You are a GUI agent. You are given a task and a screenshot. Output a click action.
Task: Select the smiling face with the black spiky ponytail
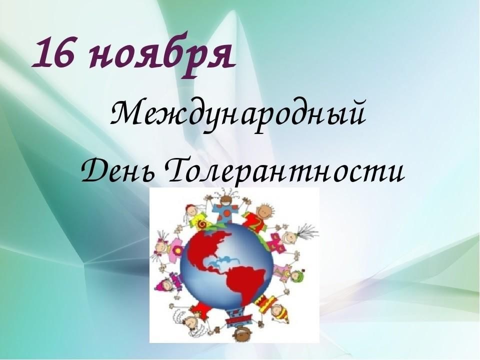(290, 237)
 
